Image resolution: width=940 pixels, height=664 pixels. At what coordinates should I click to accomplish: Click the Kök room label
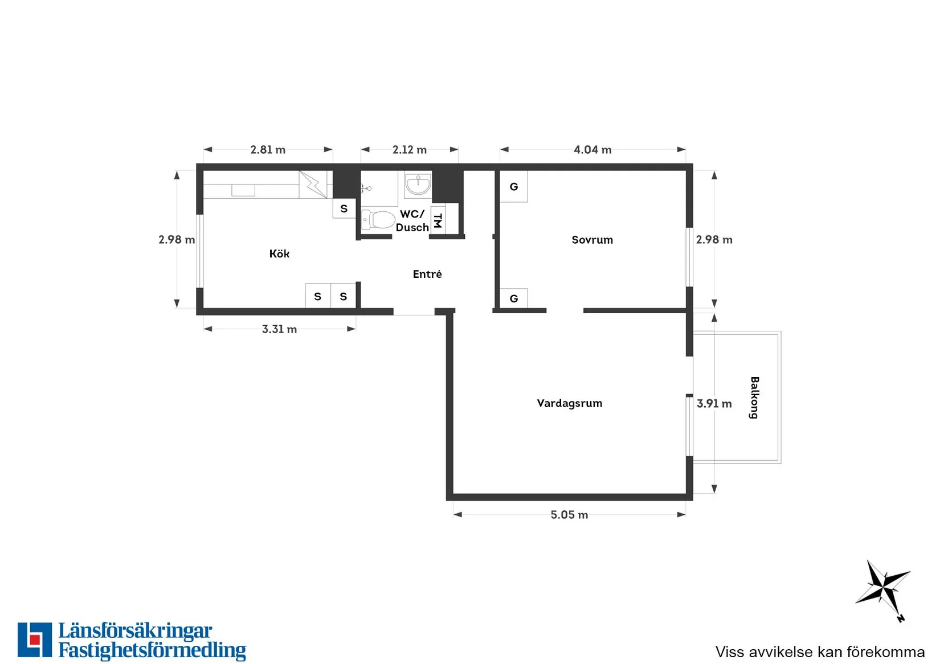pyautogui.click(x=279, y=254)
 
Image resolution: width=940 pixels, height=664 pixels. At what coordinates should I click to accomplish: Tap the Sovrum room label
pyautogui.click(x=592, y=240)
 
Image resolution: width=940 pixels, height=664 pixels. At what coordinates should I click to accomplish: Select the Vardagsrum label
pyautogui.click(x=570, y=403)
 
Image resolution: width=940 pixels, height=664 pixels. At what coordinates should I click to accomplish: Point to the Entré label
pyautogui.click(x=427, y=274)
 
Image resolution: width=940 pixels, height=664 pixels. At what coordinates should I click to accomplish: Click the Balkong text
pyautogui.click(x=754, y=397)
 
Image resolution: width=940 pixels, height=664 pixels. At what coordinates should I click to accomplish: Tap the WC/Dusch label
pyautogui.click(x=412, y=220)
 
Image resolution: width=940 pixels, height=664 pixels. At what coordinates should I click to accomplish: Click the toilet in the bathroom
pyautogui.click(x=378, y=220)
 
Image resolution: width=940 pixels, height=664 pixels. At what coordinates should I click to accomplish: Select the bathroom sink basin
pyautogui.click(x=418, y=185)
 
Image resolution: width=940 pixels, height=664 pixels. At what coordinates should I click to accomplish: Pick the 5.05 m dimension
pyautogui.click(x=569, y=515)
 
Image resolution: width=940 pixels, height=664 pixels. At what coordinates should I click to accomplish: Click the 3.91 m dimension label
pyautogui.click(x=714, y=404)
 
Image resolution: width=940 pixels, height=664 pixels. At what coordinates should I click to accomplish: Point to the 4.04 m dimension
pyautogui.click(x=592, y=150)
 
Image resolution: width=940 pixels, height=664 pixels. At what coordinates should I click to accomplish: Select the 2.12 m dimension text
pyautogui.click(x=409, y=150)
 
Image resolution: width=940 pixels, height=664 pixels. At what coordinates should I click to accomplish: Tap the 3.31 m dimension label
pyautogui.click(x=279, y=329)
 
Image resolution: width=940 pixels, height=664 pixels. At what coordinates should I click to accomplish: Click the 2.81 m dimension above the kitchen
pyautogui.click(x=268, y=150)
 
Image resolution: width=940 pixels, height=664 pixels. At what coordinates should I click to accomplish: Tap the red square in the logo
pyautogui.click(x=35, y=640)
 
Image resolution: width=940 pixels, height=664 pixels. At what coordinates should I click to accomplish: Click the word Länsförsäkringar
pyautogui.click(x=135, y=632)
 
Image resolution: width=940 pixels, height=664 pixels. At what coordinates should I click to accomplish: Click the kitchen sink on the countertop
pyautogui.click(x=243, y=190)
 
